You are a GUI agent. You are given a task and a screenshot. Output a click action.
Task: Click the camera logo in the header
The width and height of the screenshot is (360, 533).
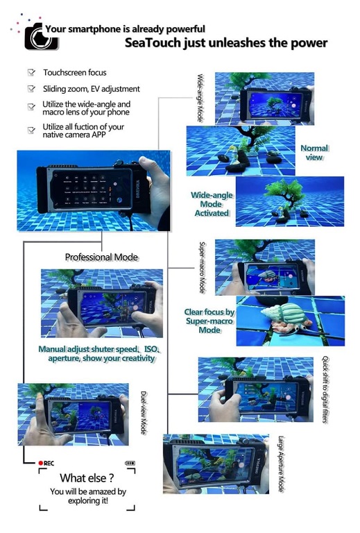(x=40, y=37)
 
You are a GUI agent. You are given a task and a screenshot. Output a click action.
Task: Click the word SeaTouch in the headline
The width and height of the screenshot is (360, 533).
(x=153, y=43)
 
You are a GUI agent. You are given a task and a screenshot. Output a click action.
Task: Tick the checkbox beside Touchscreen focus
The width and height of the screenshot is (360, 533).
(x=31, y=72)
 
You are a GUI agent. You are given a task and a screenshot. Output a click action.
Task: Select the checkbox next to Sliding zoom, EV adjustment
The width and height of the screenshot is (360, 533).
(x=31, y=89)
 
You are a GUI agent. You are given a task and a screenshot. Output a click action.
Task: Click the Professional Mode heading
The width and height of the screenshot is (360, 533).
(x=101, y=257)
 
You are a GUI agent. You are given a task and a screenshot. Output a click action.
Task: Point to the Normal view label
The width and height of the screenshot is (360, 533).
(x=314, y=153)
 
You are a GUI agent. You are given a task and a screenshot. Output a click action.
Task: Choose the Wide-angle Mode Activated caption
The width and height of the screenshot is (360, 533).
(x=212, y=204)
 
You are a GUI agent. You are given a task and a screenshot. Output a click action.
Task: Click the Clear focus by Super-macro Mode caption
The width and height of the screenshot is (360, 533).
(x=209, y=321)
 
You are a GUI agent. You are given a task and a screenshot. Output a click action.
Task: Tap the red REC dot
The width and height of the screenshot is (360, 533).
(x=41, y=463)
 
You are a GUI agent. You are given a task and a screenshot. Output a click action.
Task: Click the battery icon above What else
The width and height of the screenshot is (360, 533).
(x=130, y=463)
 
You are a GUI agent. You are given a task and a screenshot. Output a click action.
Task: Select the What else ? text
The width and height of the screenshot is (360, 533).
(x=87, y=478)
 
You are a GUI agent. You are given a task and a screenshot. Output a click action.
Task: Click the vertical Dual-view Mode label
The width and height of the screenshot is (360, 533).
(x=144, y=413)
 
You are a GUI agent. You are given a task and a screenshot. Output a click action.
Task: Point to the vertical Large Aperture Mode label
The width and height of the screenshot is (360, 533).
(x=281, y=464)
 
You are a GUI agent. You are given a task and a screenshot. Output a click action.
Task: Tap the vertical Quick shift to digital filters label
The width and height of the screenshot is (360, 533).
(x=325, y=389)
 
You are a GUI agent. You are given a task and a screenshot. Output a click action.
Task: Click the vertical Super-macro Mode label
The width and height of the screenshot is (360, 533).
(x=202, y=267)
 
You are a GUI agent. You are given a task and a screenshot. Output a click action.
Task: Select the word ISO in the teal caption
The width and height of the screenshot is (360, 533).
(x=151, y=349)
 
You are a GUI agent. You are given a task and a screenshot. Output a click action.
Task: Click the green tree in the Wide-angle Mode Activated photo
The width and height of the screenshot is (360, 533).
(x=284, y=192)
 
